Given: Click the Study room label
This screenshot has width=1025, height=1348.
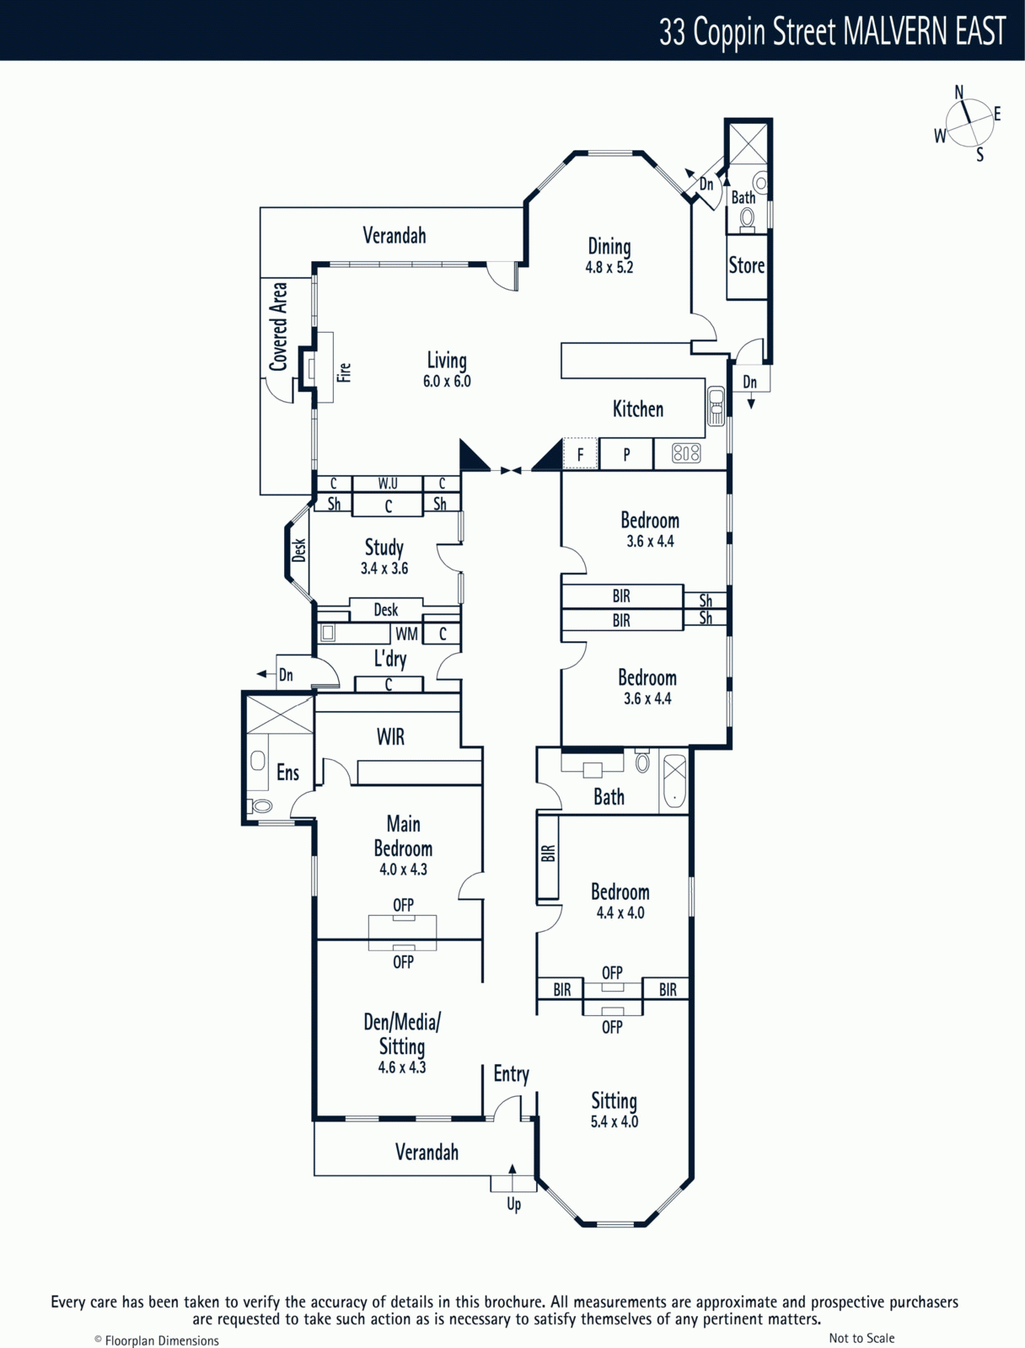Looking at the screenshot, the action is coord(384,547).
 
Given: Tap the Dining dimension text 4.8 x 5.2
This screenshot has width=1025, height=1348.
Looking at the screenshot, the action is coord(609,267).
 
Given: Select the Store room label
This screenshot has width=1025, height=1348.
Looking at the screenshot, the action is coord(746,265).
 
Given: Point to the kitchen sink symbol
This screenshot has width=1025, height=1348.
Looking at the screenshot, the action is coord(716,406).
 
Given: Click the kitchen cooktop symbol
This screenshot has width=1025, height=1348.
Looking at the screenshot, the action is coord(686,453).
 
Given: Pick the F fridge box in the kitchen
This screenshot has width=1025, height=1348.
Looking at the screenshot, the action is coord(580,454).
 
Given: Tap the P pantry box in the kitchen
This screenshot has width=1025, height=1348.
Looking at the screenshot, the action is coord(625,454).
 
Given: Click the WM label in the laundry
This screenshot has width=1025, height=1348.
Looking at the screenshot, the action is coord(406,634).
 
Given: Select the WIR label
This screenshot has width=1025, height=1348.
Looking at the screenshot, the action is coord(390,736).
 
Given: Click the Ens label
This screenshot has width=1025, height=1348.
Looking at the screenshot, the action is coord(287,772).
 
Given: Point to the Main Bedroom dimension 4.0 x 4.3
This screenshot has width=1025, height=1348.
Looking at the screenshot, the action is coord(403,869).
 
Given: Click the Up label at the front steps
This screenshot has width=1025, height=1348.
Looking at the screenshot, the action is coord(514,1204).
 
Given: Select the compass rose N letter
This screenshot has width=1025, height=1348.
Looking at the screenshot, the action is coord(959,92).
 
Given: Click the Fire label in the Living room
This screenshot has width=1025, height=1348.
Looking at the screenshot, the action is coord(345,372).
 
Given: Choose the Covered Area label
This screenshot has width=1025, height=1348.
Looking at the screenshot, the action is coord(278,327).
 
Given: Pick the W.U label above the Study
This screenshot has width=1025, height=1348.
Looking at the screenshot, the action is coord(388,484).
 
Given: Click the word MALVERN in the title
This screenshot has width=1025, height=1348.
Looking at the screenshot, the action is coord(895,30).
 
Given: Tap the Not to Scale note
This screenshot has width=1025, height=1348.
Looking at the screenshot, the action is coord(861,1338).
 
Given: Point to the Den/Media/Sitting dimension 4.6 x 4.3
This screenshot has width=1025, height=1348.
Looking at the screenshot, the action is coord(401,1067).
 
